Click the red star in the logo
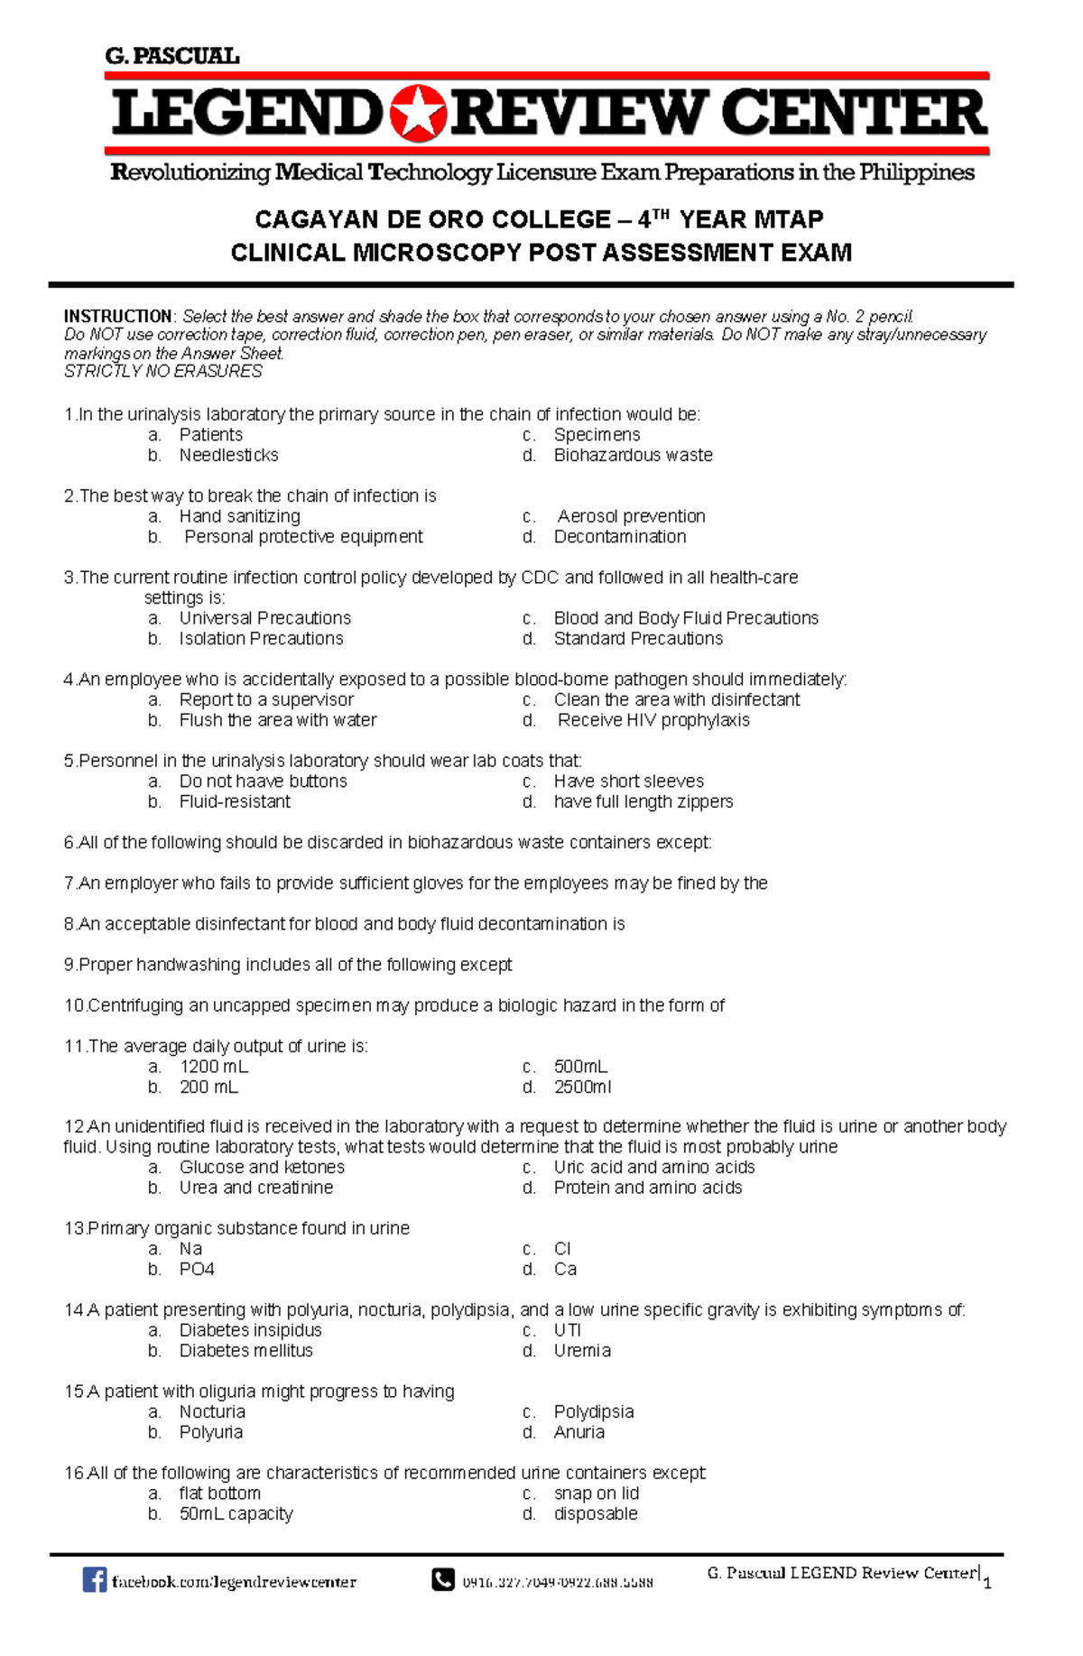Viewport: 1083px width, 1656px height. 419,115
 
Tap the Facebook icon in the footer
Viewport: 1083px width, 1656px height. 94,1579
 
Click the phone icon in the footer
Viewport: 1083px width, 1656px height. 442,1579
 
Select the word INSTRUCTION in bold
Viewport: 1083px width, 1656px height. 117,317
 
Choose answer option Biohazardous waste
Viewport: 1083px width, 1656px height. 633,456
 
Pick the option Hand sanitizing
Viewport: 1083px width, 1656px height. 239,516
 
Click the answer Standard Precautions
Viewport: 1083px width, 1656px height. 638,639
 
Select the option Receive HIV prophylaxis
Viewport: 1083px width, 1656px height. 653,720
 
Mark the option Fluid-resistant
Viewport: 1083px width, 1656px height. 235,801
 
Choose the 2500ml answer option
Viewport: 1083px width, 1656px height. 582,1087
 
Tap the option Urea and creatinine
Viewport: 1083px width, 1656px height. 255,1188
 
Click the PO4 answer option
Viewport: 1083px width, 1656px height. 197,1270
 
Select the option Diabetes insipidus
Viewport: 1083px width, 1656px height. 250,1330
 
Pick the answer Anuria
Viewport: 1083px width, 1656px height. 579,1432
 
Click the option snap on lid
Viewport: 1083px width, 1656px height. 596,1494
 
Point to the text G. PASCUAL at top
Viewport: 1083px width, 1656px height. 171,56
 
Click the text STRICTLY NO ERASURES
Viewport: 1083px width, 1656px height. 163,372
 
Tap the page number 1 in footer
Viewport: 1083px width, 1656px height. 987,1583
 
